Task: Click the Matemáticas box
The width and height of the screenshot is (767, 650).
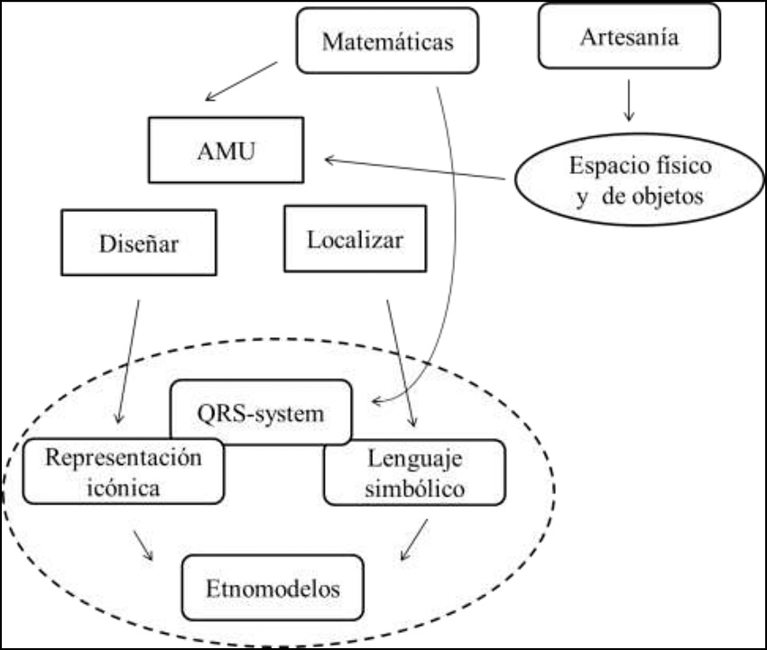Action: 387,41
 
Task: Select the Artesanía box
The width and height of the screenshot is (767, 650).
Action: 629,36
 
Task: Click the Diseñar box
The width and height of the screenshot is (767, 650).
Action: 138,242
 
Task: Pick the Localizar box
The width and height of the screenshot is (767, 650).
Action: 355,239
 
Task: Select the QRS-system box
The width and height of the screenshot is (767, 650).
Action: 260,412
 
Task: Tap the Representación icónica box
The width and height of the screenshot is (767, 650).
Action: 124,471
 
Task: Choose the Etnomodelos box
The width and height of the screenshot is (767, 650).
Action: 273,590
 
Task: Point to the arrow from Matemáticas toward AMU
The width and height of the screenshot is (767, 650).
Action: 241,81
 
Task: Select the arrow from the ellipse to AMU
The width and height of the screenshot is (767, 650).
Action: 414,169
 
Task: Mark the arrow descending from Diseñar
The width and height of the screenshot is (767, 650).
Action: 129,361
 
